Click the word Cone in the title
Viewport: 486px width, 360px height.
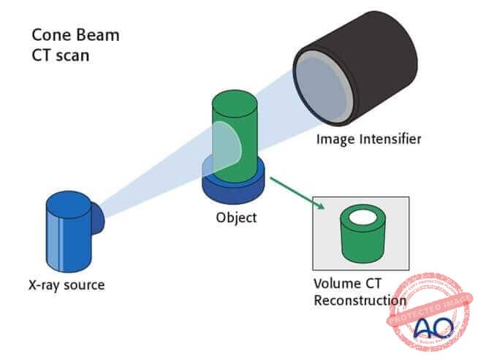[x=51, y=34]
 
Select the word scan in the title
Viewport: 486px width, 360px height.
[x=71, y=54]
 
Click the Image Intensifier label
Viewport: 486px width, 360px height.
[x=370, y=139]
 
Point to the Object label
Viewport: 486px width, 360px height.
[x=236, y=217]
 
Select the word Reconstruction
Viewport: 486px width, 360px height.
[x=360, y=300]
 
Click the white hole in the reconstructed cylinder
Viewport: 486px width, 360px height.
[x=360, y=217]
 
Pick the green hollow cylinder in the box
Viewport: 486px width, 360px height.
[x=360, y=241]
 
